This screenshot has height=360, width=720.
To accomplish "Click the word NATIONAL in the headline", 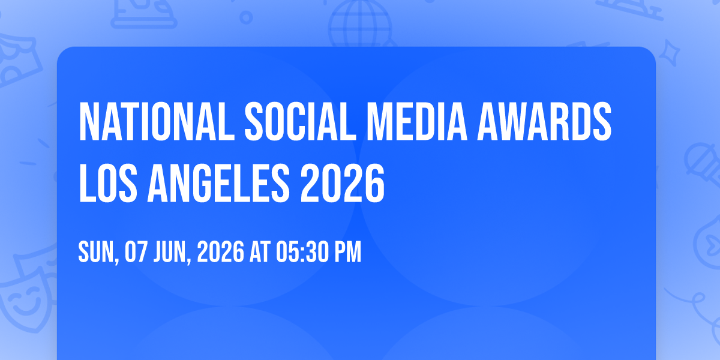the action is pyautogui.click(x=157, y=121).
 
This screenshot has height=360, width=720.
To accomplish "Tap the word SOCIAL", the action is pyautogui.click(x=301, y=121).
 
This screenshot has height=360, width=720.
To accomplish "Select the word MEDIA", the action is pyautogui.click(x=417, y=121).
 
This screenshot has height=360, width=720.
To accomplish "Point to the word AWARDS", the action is pyautogui.click(x=544, y=121).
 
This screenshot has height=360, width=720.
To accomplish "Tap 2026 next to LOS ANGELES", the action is pyautogui.click(x=343, y=183).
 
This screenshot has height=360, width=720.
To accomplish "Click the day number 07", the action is pyautogui.click(x=136, y=252).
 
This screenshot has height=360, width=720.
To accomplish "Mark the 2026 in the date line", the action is pyautogui.click(x=221, y=252).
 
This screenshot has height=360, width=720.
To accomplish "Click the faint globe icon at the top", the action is pyautogui.click(x=360, y=23).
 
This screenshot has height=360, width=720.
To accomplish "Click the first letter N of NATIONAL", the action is pyautogui.click(x=88, y=121).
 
